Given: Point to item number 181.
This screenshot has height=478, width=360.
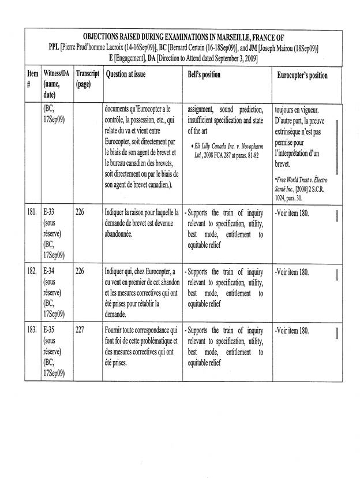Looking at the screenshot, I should [32, 211].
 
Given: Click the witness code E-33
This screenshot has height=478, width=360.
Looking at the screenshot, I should [50, 211].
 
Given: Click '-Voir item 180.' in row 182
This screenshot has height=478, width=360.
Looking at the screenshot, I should [292, 270].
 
